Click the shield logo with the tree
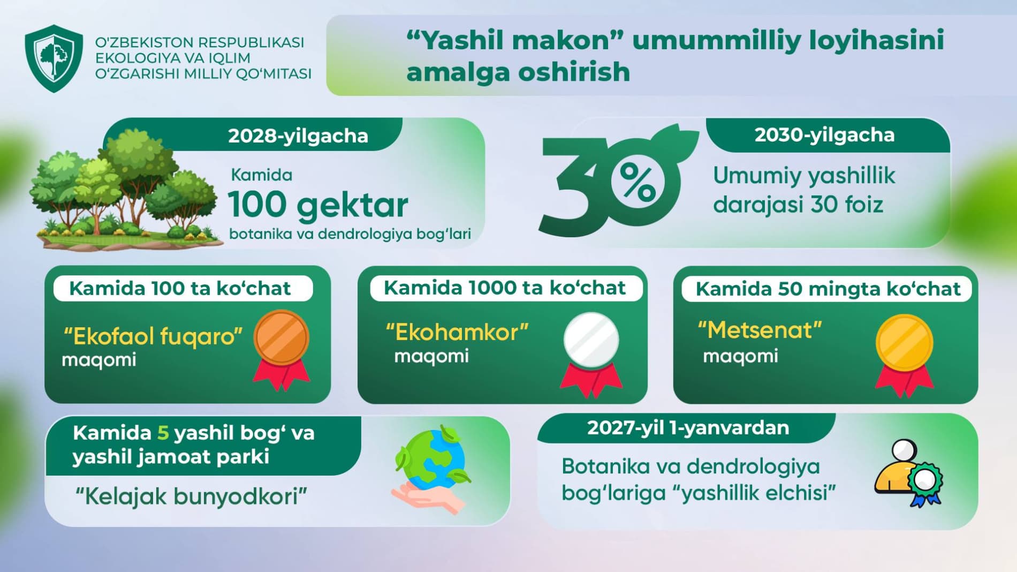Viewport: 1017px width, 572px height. (x=54, y=58)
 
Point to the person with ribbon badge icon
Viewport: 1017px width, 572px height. (x=908, y=472)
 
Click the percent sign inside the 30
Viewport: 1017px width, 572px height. (x=637, y=182)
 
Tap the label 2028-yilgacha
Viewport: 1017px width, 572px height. (x=298, y=136)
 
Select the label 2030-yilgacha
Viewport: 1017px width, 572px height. (x=824, y=135)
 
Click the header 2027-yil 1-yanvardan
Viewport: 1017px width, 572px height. (x=688, y=428)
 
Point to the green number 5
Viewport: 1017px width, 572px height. (x=163, y=433)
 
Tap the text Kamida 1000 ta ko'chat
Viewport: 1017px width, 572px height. (x=505, y=288)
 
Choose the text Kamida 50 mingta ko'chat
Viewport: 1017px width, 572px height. (x=828, y=289)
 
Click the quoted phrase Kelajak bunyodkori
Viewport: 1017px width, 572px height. (x=191, y=496)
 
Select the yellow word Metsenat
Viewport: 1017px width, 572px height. (x=760, y=330)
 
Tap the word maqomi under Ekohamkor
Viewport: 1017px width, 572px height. (x=431, y=357)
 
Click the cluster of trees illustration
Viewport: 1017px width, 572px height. (x=126, y=190)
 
